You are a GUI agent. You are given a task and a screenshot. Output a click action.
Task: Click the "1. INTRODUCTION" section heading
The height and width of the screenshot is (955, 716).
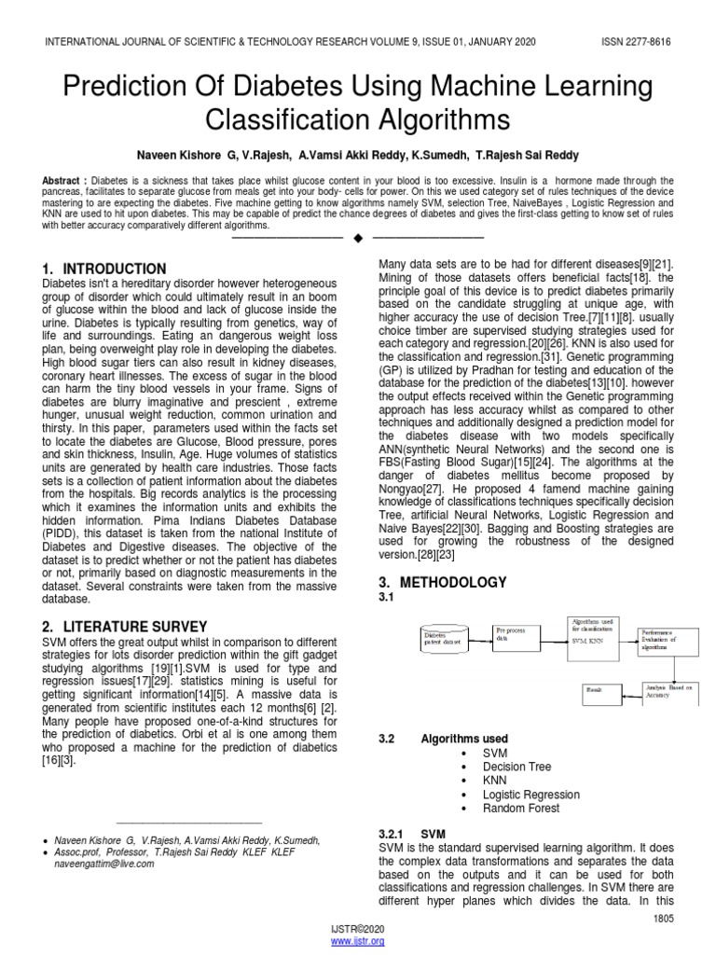pos(104,269)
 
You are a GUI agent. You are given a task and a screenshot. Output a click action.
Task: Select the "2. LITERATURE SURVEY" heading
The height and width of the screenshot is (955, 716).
pos(125,625)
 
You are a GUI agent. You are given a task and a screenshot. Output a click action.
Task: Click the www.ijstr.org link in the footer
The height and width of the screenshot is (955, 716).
pos(358,941)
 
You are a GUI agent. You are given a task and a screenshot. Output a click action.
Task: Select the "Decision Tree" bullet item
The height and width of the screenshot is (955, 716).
pos(517,767)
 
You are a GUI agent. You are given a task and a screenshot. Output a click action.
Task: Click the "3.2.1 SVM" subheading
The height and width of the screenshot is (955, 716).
pos(411,833)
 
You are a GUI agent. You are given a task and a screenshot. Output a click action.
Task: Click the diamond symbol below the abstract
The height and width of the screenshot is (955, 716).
pos(358,239)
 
